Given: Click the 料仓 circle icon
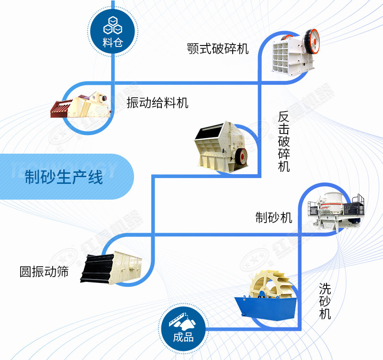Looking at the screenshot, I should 113,30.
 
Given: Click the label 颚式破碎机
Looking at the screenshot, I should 218,49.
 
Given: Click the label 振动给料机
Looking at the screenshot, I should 158,102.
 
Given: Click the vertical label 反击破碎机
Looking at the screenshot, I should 284,142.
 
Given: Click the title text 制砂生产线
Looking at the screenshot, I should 64,178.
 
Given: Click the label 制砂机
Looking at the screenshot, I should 273,217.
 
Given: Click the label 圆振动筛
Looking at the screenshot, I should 44,272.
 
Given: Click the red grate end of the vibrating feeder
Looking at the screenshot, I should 60,108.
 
